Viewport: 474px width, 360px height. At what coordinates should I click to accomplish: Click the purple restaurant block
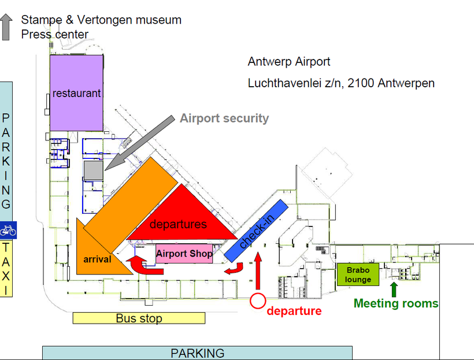(x=76, y=92)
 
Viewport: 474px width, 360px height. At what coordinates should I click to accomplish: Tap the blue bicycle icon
(x=8, y=230)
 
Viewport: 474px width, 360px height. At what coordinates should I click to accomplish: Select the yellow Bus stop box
(x=139, y=318)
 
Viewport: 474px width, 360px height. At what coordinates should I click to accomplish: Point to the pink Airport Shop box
(x=184, y=254)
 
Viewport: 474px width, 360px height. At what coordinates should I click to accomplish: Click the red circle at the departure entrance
(x=257, y=301)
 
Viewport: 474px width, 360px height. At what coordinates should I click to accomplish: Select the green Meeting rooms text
(x=396, y=303)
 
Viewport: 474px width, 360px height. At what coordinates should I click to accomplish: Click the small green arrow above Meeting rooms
(x=394, y=288)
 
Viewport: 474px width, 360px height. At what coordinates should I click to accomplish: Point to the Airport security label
(x=224, y=118)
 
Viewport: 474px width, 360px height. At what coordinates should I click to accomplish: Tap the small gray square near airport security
(x=92, y=171)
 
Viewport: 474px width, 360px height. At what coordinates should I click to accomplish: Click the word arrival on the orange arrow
(x=97, y=259)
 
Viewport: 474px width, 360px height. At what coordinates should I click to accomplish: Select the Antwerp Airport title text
(x=289, y=62)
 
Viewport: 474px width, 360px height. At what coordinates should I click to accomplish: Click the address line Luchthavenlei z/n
(x=341, y=83)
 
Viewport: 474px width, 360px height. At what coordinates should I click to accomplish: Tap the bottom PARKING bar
(x=197, y=353)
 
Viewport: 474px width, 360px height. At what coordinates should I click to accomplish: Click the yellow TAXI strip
(x=6, y=269)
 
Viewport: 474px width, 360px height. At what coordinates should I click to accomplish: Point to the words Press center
(x=55, y=35)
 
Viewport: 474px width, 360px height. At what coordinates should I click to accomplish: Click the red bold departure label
(x=294, y=311)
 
